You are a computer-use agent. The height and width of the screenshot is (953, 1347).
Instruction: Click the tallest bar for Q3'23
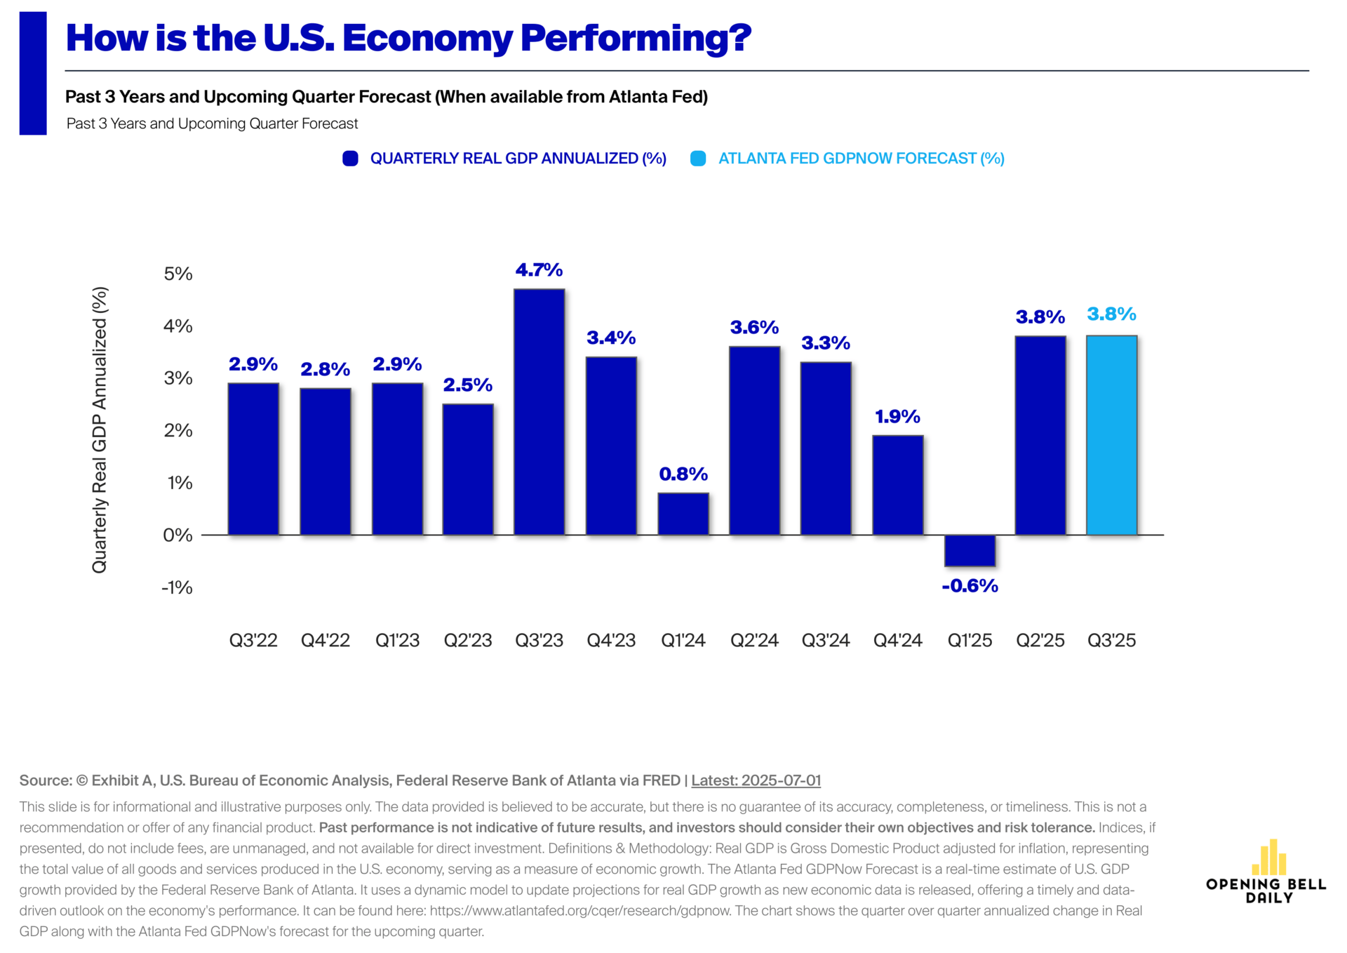[539, 412]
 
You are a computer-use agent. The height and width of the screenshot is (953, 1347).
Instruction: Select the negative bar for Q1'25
[970, 550]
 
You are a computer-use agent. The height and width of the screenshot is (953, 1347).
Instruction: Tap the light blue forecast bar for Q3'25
[1111, 435]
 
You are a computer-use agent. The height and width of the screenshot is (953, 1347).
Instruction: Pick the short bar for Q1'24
[683, 514]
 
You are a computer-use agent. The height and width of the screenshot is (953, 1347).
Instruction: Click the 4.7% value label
[539, 270]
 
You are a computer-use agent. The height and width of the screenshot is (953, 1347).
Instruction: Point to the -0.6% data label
[970, 586]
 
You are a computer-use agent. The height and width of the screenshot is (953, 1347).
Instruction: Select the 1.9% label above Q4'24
[897, 417]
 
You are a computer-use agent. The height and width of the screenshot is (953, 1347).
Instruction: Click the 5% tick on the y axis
[178, 274]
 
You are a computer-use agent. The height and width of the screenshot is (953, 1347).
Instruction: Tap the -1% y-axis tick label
[177, 587]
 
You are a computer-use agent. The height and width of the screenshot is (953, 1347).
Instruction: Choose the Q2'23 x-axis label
[468, 640]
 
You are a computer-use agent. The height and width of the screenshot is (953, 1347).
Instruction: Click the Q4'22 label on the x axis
[325, 640]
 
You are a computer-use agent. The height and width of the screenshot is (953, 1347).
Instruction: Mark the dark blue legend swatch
[350, 159]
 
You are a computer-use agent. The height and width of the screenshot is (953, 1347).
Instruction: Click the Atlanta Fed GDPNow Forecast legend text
[861, 159]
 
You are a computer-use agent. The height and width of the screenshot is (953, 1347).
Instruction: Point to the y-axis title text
[100, 429]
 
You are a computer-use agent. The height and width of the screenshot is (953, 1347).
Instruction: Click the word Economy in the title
[427, 39]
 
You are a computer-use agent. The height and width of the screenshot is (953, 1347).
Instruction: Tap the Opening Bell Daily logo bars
[1269, 858]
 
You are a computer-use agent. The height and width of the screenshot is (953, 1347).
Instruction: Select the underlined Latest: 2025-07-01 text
[756, 780]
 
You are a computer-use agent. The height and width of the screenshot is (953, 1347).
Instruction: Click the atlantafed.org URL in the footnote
[580, 911]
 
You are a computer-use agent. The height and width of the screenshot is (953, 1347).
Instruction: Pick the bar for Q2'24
[754, 441]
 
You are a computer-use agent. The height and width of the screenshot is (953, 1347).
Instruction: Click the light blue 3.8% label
[1111, 314]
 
